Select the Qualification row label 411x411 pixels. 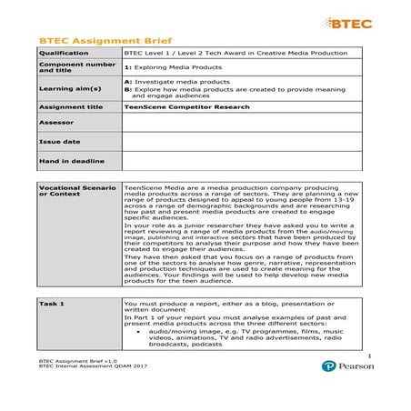click(x=62, y=54)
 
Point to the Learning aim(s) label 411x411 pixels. click(x=63, y=88)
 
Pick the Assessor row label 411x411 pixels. click(x=54, y=122)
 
